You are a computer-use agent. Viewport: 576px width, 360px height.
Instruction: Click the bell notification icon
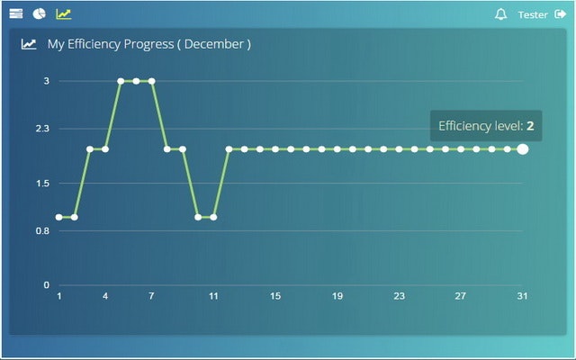tap(501, 14)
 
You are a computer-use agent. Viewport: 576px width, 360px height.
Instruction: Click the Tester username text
tap(533, 14)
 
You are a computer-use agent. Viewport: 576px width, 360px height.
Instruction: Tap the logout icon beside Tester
tap(561, 14)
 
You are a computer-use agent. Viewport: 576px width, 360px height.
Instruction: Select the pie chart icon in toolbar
tap(40, 13)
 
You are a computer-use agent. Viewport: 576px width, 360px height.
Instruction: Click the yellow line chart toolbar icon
tap(63, 13)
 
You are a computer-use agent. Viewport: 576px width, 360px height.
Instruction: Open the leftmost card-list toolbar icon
tap(16, 13)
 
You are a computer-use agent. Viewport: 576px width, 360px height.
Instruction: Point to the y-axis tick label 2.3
tap(42, 129)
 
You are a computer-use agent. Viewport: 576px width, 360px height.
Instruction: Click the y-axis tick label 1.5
tap(42, 184)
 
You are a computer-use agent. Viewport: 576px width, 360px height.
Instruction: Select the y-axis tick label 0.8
tap(42, 230)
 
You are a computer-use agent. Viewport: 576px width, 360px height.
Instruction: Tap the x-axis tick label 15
tap(275, 296)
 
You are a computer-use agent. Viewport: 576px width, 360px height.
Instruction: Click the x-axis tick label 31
tap(522, 296)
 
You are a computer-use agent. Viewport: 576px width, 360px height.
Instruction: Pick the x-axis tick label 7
tap(151, 296)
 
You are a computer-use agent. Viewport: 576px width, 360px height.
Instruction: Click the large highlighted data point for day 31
tap(523, 148)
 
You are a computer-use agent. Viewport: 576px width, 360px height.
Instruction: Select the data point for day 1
tap(59, 217)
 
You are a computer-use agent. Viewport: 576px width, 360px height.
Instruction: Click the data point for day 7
tap(151, 81)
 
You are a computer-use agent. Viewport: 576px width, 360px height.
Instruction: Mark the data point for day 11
tap(213, 217)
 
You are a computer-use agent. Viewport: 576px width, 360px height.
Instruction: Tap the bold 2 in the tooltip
tap(530, 126)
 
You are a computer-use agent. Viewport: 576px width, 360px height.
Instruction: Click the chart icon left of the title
tap(29, 43)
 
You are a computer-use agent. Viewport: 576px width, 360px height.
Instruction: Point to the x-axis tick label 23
tap(399, 296)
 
